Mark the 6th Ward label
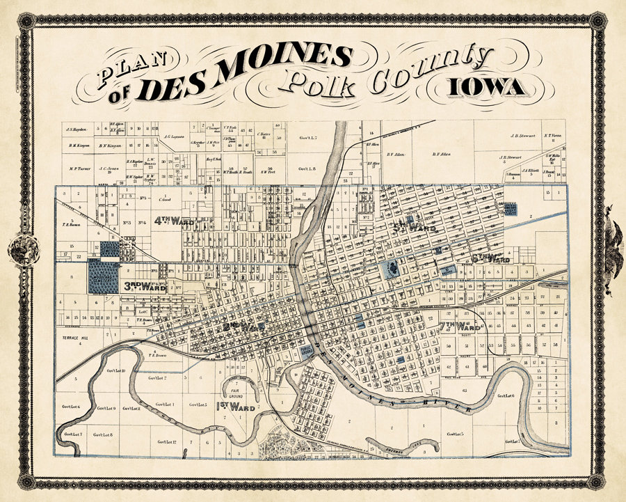click(x=491, y=258)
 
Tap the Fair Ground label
click(x=232, y=391)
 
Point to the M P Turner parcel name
click(x=81, y=168)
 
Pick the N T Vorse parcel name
click(x=553, y=136)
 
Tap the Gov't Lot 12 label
click(x=166, y=441)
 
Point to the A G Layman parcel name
click(x=177, y=137)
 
